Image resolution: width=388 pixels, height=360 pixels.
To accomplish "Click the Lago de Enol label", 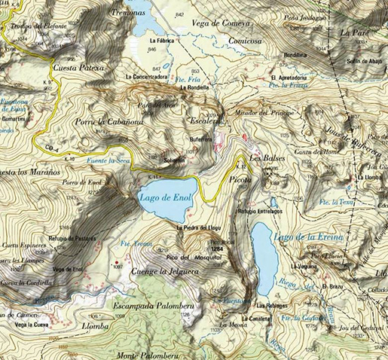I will point(167,197).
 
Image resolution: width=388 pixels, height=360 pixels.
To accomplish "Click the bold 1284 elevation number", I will point(218,248).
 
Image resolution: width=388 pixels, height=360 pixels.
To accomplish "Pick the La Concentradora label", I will point(147,77).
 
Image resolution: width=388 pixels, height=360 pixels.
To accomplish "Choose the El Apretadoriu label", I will point(287,78).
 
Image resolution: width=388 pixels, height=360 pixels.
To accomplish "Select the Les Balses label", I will point(264,160).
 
